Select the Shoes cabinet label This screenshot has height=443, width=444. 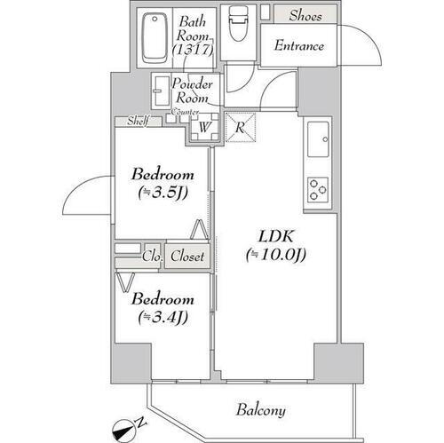(x=305, y=14)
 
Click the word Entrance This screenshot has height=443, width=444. (x=298, y=46)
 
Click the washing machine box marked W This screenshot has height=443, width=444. (x=203, y=128)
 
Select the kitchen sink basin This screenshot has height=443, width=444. (x=318, y=138)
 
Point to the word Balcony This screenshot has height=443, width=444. (x=260, y=410)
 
